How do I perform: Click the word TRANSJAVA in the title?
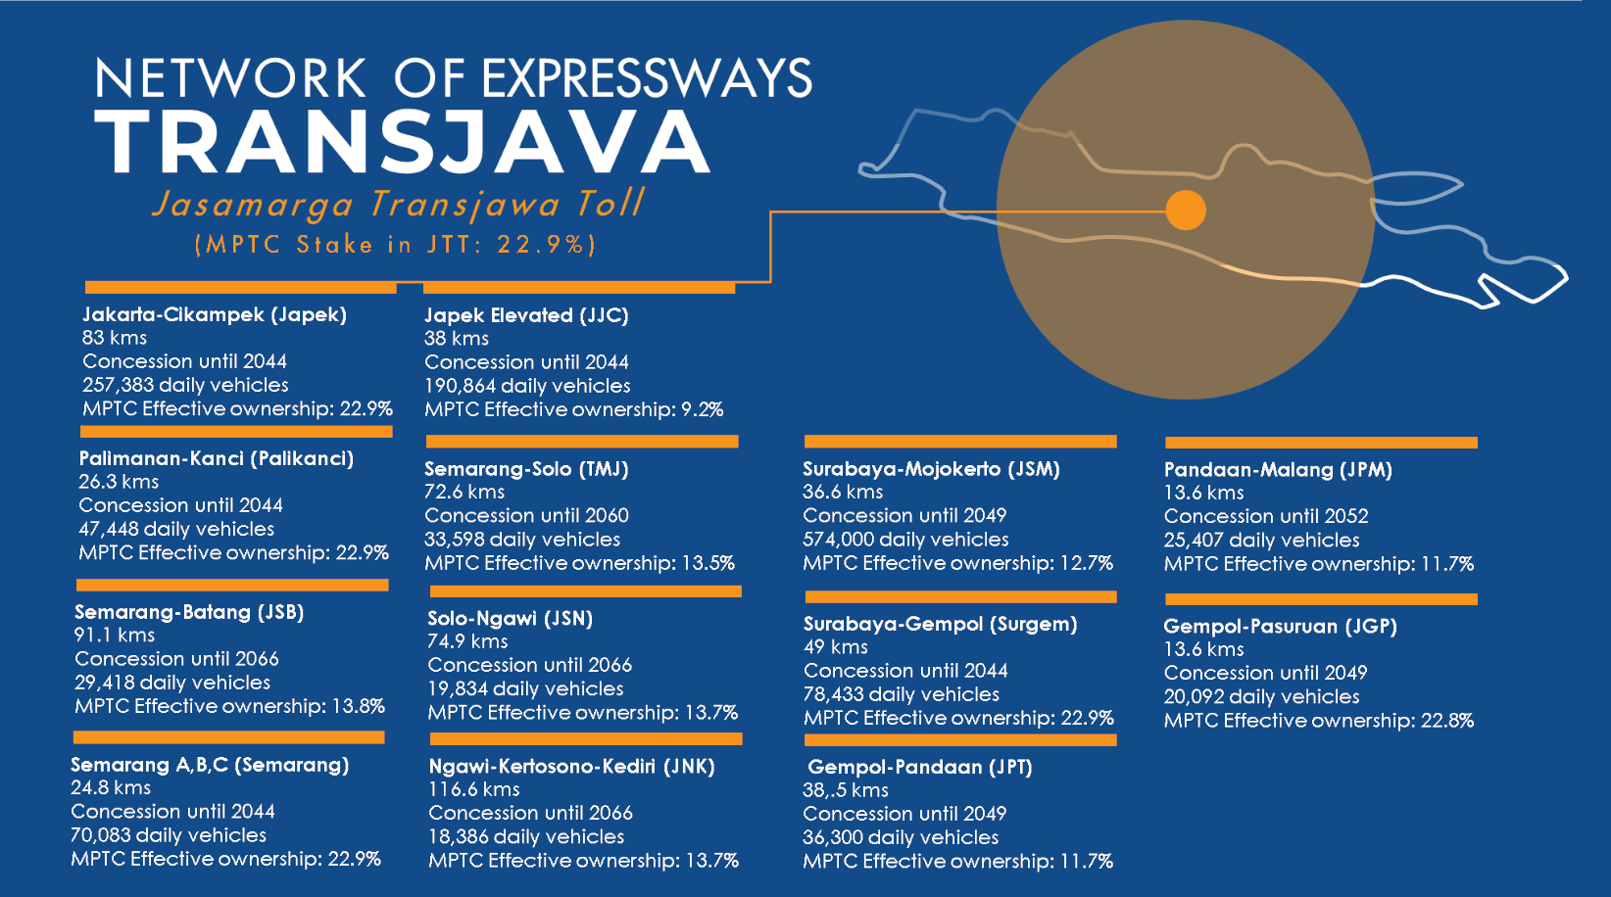tap(402, 142)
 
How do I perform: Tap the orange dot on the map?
tap(1186, 210)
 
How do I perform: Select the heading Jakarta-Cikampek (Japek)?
tap(215, 314)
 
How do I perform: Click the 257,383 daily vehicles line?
tap(185, 385)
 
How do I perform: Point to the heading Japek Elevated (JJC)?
tap(526, 315)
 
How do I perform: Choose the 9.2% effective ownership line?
tap(573, 409)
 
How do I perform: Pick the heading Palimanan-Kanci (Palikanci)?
tap(216, 458)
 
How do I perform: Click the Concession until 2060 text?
tap(526, 515)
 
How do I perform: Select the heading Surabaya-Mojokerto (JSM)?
tap(931, 469)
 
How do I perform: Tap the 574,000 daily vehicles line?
tap(905, 540)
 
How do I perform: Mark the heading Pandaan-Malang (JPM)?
tap(1278, 470)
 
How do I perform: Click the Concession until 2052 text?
tap(1266, 516)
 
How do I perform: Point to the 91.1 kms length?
tap(115, 635)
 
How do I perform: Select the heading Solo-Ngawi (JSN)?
tap(510, 619)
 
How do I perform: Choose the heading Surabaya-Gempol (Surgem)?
tap(940, 624)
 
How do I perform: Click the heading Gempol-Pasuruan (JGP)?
tap(1280, 627)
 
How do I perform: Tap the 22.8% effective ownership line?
tap(1318, 721)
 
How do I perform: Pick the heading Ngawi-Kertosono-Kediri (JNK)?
tap(571, 767)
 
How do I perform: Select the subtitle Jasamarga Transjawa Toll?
tap(398, 204)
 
